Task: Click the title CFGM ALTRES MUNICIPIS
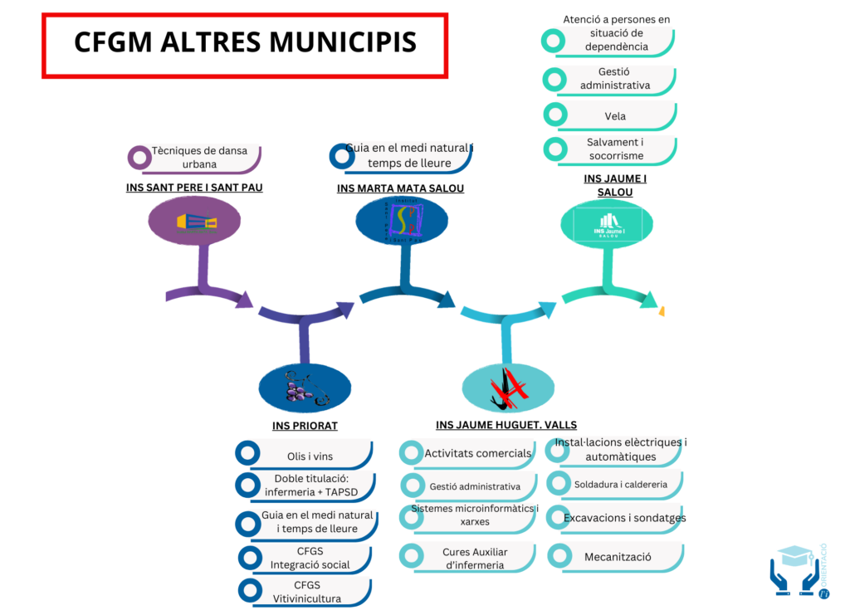[x=245, y=42]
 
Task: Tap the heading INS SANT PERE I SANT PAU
[x=194, y=188]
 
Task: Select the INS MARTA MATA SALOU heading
[x=400, y=188]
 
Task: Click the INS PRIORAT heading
[x=305, y=426]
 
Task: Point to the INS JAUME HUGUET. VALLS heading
[x=506, y=425]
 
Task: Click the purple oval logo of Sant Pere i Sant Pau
[x=195, y=223]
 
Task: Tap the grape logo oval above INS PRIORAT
[x=305, y=388]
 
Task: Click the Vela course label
[x=615, y=116]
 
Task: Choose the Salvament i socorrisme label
[x=615, y=149]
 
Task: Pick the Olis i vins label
[x=310, y=456]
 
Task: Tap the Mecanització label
[x=618, y=557]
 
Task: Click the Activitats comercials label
[x=477, y=453]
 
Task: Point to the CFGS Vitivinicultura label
[x=307, y=591]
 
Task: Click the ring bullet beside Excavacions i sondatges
[x=559, y=518]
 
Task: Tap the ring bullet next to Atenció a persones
[x=553, y=40]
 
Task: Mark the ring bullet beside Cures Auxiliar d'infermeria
[x=411, y=555]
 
